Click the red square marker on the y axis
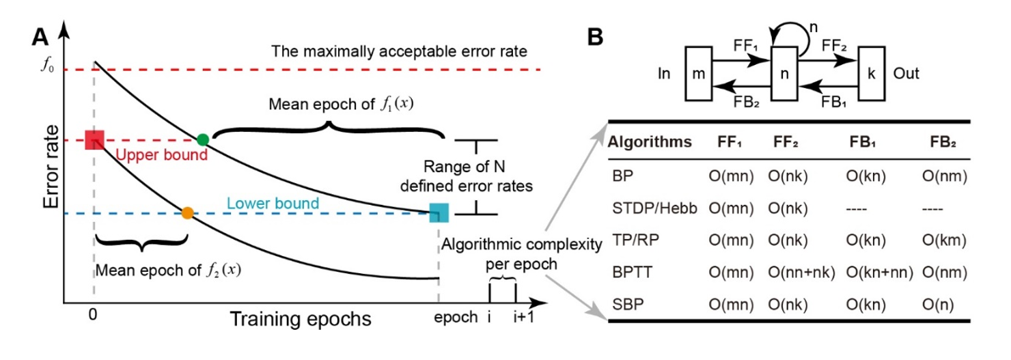94,140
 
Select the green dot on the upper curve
202,139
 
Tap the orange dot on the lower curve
187,212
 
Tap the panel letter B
596,38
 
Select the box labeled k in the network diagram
872,74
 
